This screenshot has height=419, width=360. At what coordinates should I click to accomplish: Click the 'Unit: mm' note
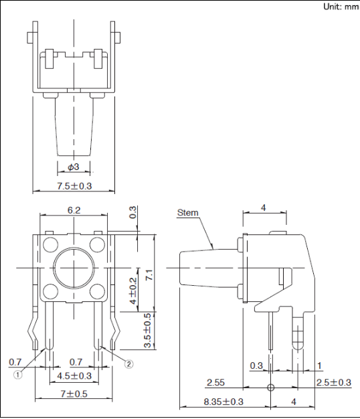pos(341,7)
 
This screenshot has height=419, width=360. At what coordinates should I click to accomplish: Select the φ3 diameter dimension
pos(74,167)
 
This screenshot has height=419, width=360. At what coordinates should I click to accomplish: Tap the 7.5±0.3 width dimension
pos(74,186)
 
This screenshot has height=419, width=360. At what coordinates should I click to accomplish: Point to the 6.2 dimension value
pos(74,210)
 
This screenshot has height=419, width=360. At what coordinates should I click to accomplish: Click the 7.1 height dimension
pos(149,274)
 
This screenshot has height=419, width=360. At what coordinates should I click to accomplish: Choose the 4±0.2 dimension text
pos(133,291)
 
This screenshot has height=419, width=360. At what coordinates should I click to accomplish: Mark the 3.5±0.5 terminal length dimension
pos(148,331)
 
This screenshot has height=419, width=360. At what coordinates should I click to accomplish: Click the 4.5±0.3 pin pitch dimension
pos(74,376)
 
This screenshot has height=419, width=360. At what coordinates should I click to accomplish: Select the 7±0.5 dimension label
pos(74,394)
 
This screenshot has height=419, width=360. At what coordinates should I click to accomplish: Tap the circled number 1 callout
pos(17,375)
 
